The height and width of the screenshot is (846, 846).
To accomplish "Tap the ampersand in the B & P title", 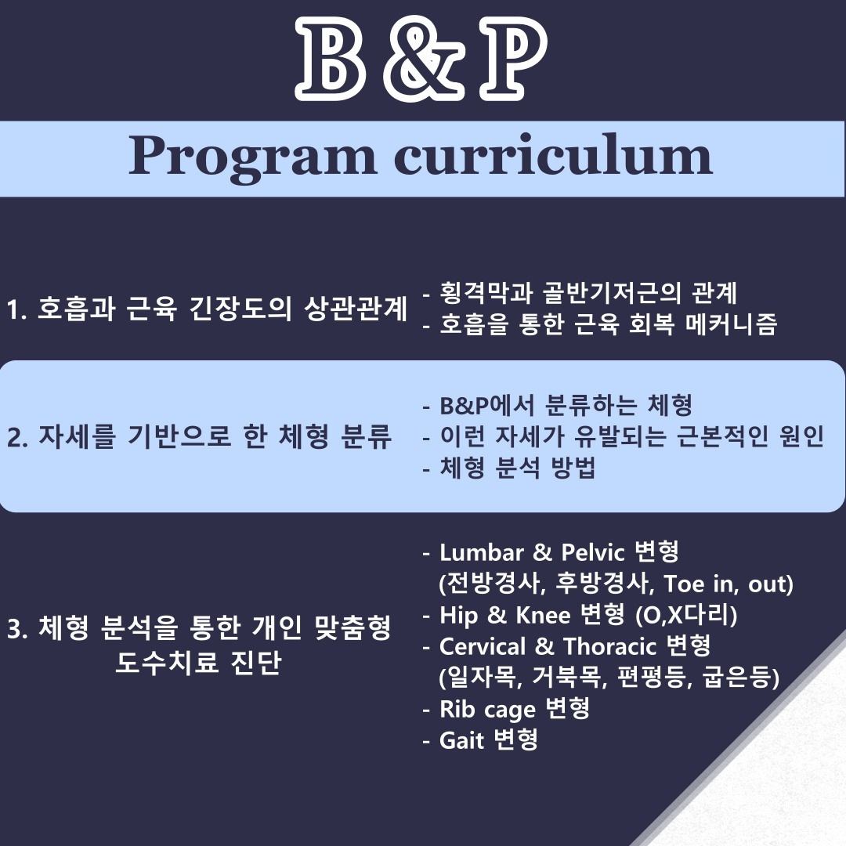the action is tap(424, 60).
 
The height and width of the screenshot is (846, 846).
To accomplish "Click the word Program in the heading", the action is tap(252, 158).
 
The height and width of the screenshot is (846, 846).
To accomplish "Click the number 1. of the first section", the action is tap(16, 310).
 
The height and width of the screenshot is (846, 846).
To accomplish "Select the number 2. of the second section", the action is tap(17, 438).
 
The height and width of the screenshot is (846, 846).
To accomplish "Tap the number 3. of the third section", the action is tap(17, 629).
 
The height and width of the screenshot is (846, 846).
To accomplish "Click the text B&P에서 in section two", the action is tap(487, 406).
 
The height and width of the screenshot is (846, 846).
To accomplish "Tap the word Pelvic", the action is tap(592, 552).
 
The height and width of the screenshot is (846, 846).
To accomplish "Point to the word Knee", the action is tap(543, 616).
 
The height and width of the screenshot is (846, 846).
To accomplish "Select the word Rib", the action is tap(457, 710).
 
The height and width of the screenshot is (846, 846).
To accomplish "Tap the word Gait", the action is tap(461, 741).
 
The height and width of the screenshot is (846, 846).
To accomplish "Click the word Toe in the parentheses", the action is tap(683, 584).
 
